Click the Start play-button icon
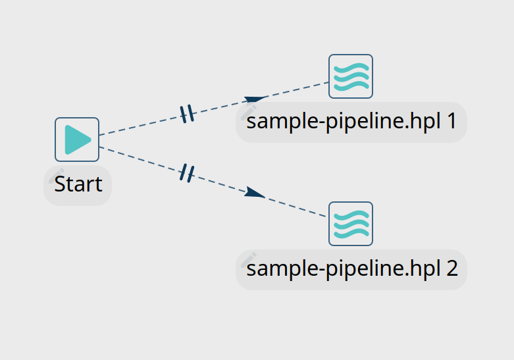[x=77, y=140]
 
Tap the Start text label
[x=78, y=184]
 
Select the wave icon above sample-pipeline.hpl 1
[x=351, y=76]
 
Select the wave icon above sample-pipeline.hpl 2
[x=351, y=224]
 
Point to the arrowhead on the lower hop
[x=255, y=193]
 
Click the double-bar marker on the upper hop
[x=188, y=115]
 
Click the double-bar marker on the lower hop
[x=187, y=173]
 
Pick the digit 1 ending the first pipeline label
[x=451, y=122]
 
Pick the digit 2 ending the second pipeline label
[x=451, y=270]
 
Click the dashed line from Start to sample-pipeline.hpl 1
[x=145, y=124]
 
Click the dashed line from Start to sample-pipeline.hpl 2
[x=145, y=161]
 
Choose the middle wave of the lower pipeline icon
[x=351, y=224]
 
